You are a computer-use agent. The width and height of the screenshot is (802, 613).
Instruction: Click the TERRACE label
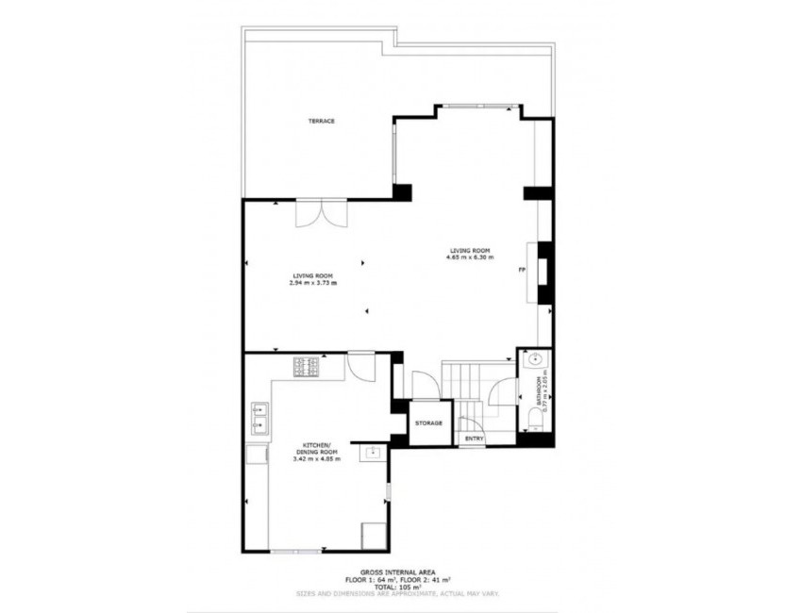[x=321, y=121]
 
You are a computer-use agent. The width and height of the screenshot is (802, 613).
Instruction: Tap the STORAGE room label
[x=429, y=422]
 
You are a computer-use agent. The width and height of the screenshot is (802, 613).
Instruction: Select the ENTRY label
[x=474, y=439]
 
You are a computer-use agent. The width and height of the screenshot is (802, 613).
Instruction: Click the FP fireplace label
[x=522, y=271]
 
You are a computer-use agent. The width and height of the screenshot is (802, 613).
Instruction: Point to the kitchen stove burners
[x=306, y=366]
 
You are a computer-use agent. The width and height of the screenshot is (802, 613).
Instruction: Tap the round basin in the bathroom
[x=535, y=358]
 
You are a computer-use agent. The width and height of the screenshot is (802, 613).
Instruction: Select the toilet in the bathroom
[x=535, y=426]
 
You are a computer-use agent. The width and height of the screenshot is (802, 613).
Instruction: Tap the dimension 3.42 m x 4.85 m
[x=315, y=459]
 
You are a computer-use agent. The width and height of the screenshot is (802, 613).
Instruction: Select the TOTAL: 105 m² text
[x=396, y=587]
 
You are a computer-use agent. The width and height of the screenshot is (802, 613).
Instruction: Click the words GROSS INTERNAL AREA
[x=396, y=572]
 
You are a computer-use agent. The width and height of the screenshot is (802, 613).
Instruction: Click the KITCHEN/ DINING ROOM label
[x=315, y=448]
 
